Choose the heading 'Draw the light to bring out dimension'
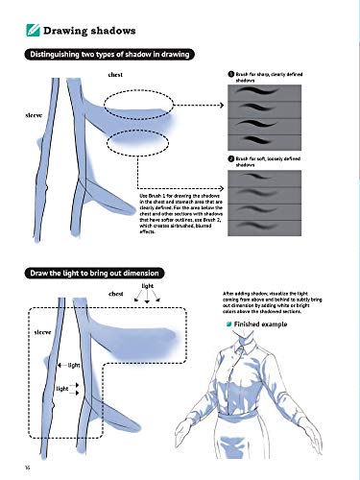coord(96,273)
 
